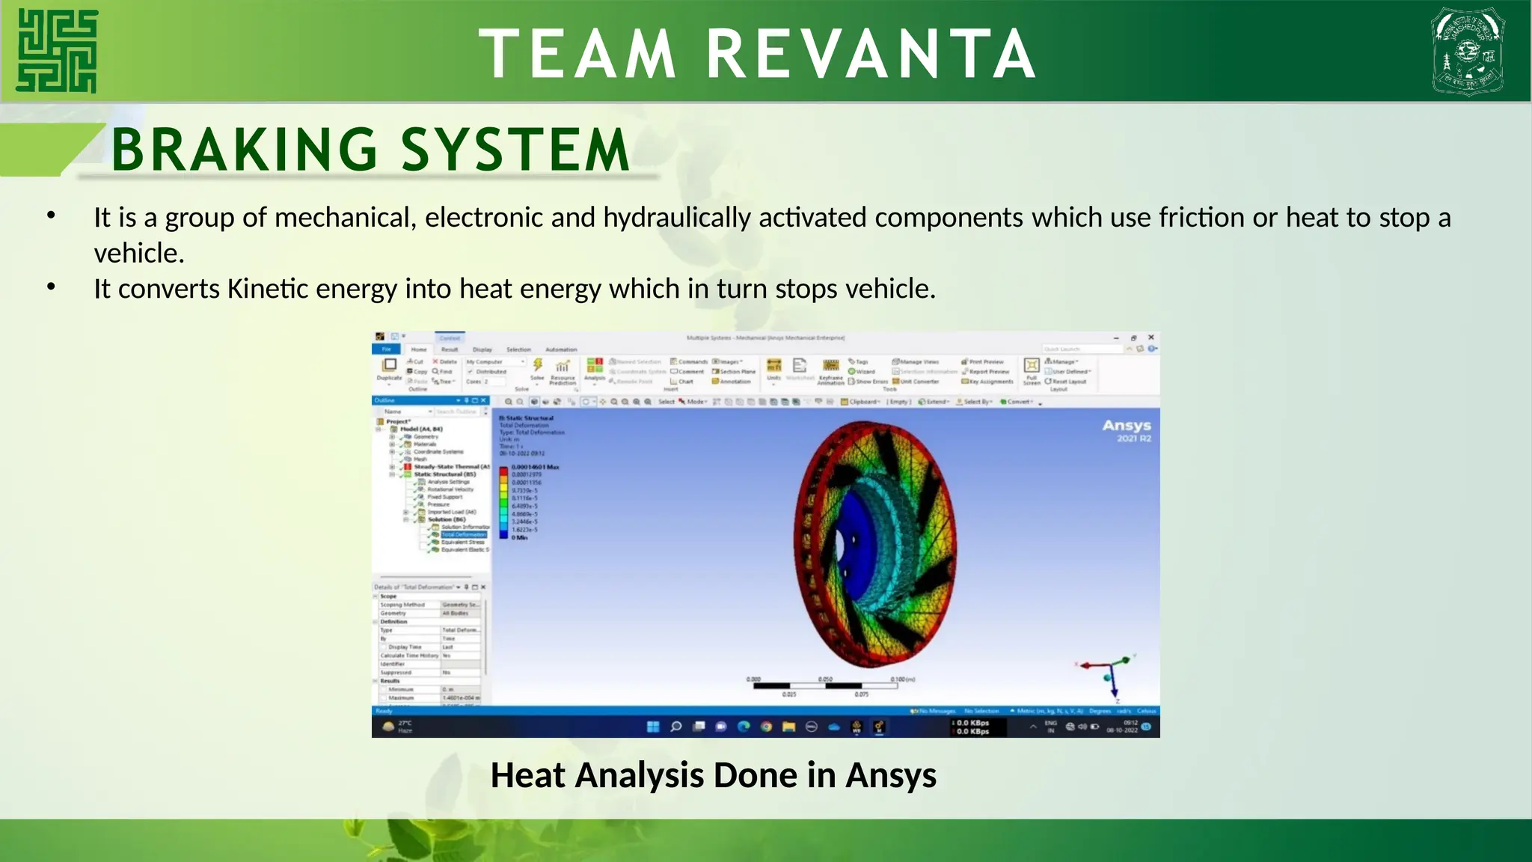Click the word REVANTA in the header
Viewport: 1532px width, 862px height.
pyautogui.click(x=871, y=54)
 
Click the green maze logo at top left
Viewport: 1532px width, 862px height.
pyautogui.click(x=57, y=51)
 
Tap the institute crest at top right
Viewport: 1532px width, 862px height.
pyautogui.click(x=1468, y=51)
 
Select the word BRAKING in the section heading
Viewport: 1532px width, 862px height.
pyautogui.click(x=245, y=150)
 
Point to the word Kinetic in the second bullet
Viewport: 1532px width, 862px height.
pyautogui.click(x=267, y=289)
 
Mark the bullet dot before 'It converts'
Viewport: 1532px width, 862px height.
pyautogui.click(x=51, y=287)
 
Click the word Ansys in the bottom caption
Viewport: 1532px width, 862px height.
pyautogui.click(x=890, y=775)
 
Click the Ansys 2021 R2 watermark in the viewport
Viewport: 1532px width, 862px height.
pyautogui.click(x=1127, y=430)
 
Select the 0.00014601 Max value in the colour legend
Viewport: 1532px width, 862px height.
pyautogui.click(x=535, y=467)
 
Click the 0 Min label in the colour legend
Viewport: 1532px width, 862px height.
pyautogui.click(x=520, y=537)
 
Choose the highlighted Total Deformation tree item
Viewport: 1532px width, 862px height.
pyautogui.click(x=463, y=534)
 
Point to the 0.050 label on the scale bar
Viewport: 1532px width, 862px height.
pyautogui.click(x=825, y=679)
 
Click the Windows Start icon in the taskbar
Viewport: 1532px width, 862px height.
pyautogui.click(x=653, y=726)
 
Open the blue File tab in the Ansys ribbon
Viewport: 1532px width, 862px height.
pyautogui.click(x=387, y=349)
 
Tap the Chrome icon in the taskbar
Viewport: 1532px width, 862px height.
pyautogui.click(x=766, y=726)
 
